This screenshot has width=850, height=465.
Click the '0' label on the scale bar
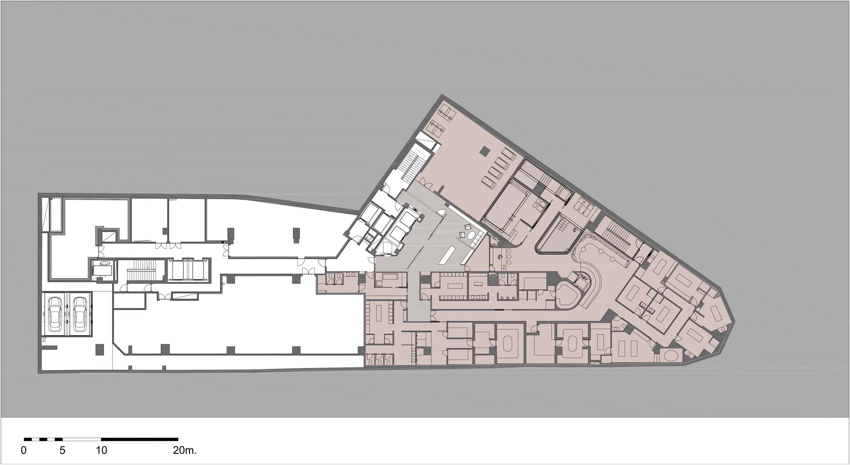pos(24,451)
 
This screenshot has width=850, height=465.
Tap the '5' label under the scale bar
pos(62,451)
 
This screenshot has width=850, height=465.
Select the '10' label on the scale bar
pos(102,451)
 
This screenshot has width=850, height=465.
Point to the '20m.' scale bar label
pos(185,451)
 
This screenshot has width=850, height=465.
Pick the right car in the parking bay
pos(80,314)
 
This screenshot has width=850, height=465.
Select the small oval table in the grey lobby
pos(472,236)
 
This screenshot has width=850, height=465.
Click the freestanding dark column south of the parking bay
pos(100,349)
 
